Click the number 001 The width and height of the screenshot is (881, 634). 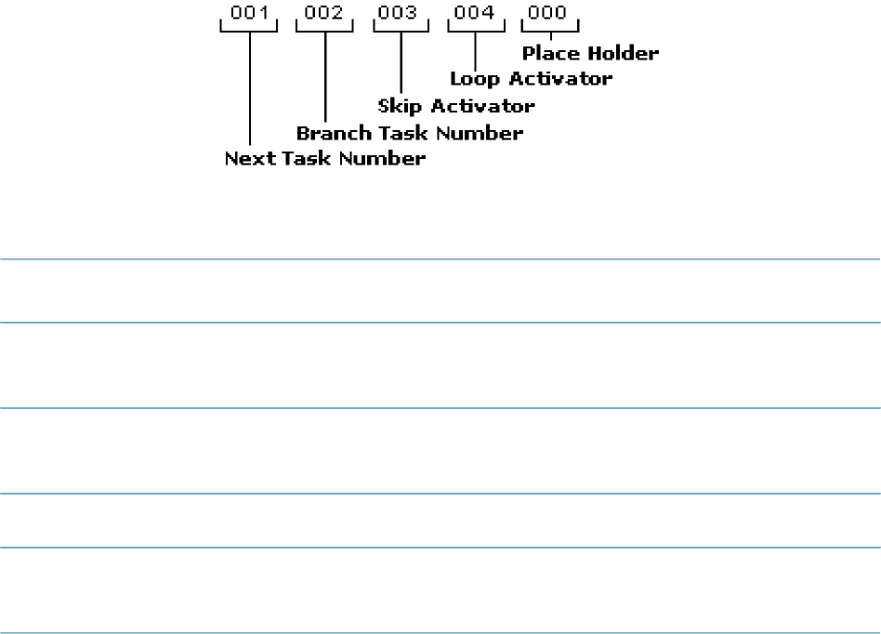249,15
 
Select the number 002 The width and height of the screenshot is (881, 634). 324,15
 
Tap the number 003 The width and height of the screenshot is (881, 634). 400,15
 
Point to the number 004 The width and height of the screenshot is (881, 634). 475,15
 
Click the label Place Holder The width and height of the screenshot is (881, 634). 590,53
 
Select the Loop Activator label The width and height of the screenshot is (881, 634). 531,79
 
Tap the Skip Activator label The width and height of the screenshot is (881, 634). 456,106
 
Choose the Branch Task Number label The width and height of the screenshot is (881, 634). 409,133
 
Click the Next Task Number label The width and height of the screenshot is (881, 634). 325,159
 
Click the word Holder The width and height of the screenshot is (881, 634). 625,53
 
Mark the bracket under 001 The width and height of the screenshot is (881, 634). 249,28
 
